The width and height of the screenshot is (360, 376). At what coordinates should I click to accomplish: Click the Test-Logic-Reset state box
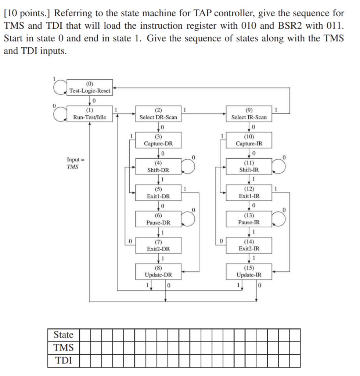coord(90,88)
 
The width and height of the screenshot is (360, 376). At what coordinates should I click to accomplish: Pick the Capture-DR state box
coord(158,140)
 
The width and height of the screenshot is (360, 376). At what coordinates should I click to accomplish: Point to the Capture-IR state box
coord(249,140)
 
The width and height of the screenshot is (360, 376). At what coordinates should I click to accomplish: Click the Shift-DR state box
coord(158,167)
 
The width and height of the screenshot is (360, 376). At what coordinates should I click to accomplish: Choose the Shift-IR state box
coord(249,167)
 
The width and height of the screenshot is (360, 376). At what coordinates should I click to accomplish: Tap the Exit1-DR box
coord(158,193)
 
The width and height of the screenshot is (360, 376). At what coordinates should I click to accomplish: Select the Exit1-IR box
coord(249,193)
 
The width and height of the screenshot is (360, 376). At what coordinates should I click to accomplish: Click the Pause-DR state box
coord(158,219)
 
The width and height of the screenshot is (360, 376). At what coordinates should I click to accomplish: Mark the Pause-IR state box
coord(249,219)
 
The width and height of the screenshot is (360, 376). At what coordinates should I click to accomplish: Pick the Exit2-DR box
coord(158,246)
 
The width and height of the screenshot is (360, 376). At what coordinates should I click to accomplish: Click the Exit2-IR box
coord(249,246)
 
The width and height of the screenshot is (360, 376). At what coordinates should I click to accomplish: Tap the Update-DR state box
coord(158,272)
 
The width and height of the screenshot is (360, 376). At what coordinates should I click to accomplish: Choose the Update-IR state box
coord(249,272)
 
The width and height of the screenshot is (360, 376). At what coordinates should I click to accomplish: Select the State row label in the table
coord(64,335)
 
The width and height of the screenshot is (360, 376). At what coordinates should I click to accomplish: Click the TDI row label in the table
coord(64,361)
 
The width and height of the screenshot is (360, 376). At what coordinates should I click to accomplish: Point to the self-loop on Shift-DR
coord(189,166)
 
